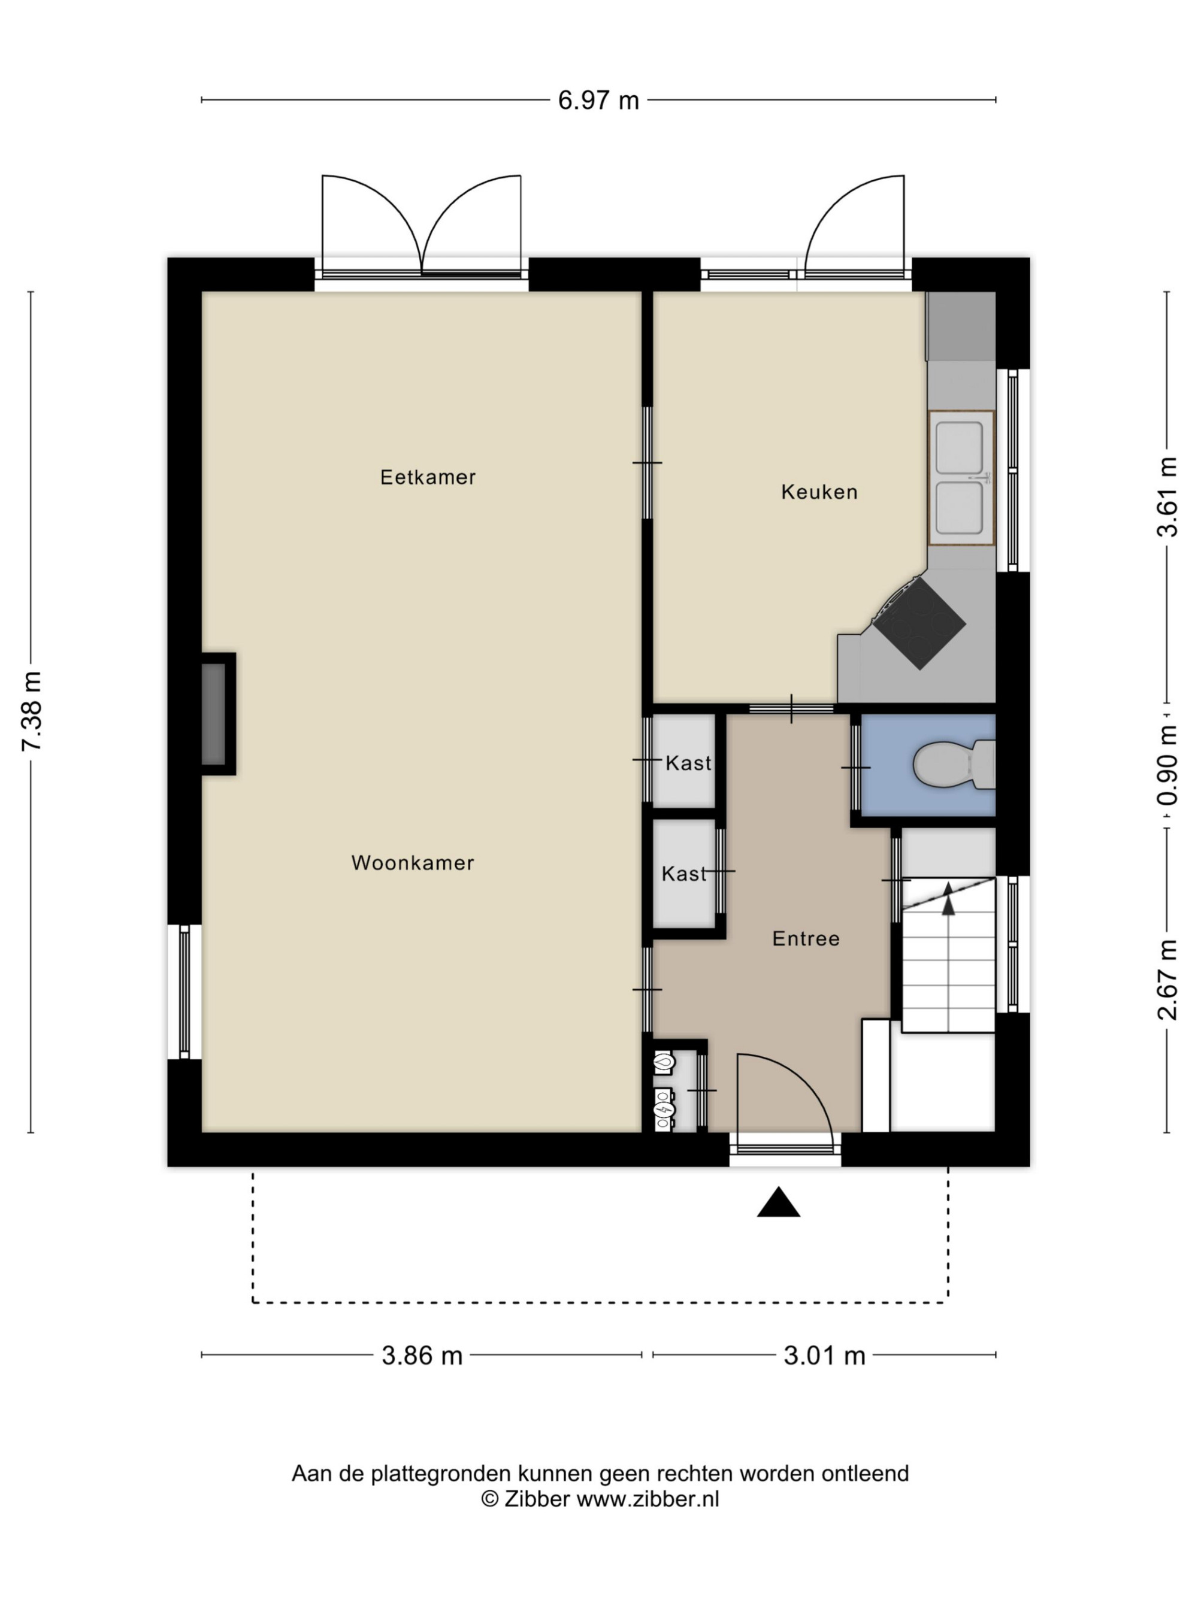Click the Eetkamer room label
[428, 477]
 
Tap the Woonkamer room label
[412, 863]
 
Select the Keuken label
[819, 492]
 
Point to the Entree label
[806, 938]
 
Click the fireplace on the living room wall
[217, 714]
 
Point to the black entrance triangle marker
[778, 1202]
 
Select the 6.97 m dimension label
[598, 101]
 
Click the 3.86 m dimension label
[422, 1356]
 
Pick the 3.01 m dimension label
[824, 1356]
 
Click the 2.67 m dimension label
[1167, 980]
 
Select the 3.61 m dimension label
[1167, 497]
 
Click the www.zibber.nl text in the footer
[648, 1499]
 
